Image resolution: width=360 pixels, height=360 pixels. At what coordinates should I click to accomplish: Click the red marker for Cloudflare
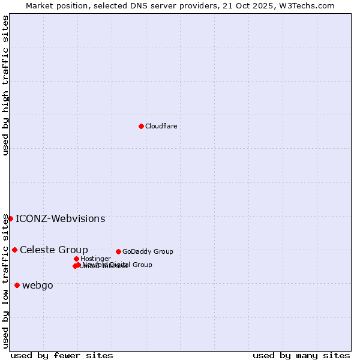[141, 126]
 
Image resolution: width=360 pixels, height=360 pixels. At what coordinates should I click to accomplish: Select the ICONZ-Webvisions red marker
[10, 218]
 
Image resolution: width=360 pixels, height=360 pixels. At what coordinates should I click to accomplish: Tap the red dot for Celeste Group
[14, 250]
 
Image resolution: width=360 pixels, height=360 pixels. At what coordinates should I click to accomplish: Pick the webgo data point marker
[17, 285]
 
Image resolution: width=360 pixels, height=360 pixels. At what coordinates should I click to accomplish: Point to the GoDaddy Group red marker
[118, 251]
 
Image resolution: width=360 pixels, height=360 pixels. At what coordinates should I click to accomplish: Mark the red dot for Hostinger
[76, 259]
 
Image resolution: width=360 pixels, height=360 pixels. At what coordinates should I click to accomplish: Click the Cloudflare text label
[161, 126]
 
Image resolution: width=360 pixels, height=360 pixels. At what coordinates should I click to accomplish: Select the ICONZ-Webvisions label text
[60, 218]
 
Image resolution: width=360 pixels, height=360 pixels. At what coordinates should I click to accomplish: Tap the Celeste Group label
[53, 250]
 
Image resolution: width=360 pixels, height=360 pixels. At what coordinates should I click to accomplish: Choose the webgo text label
[37, 285]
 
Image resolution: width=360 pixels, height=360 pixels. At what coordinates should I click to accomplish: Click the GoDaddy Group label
[148, 251]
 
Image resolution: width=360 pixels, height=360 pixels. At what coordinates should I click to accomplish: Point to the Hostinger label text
[95, 259]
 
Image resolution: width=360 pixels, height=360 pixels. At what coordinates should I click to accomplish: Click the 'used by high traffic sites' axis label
[6, 85]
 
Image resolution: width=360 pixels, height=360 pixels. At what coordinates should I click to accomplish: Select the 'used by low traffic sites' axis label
[6, 281]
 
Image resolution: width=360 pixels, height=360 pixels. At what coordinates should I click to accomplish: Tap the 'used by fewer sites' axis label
[62, 355]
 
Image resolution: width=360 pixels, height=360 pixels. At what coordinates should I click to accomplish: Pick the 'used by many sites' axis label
[301, 355]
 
